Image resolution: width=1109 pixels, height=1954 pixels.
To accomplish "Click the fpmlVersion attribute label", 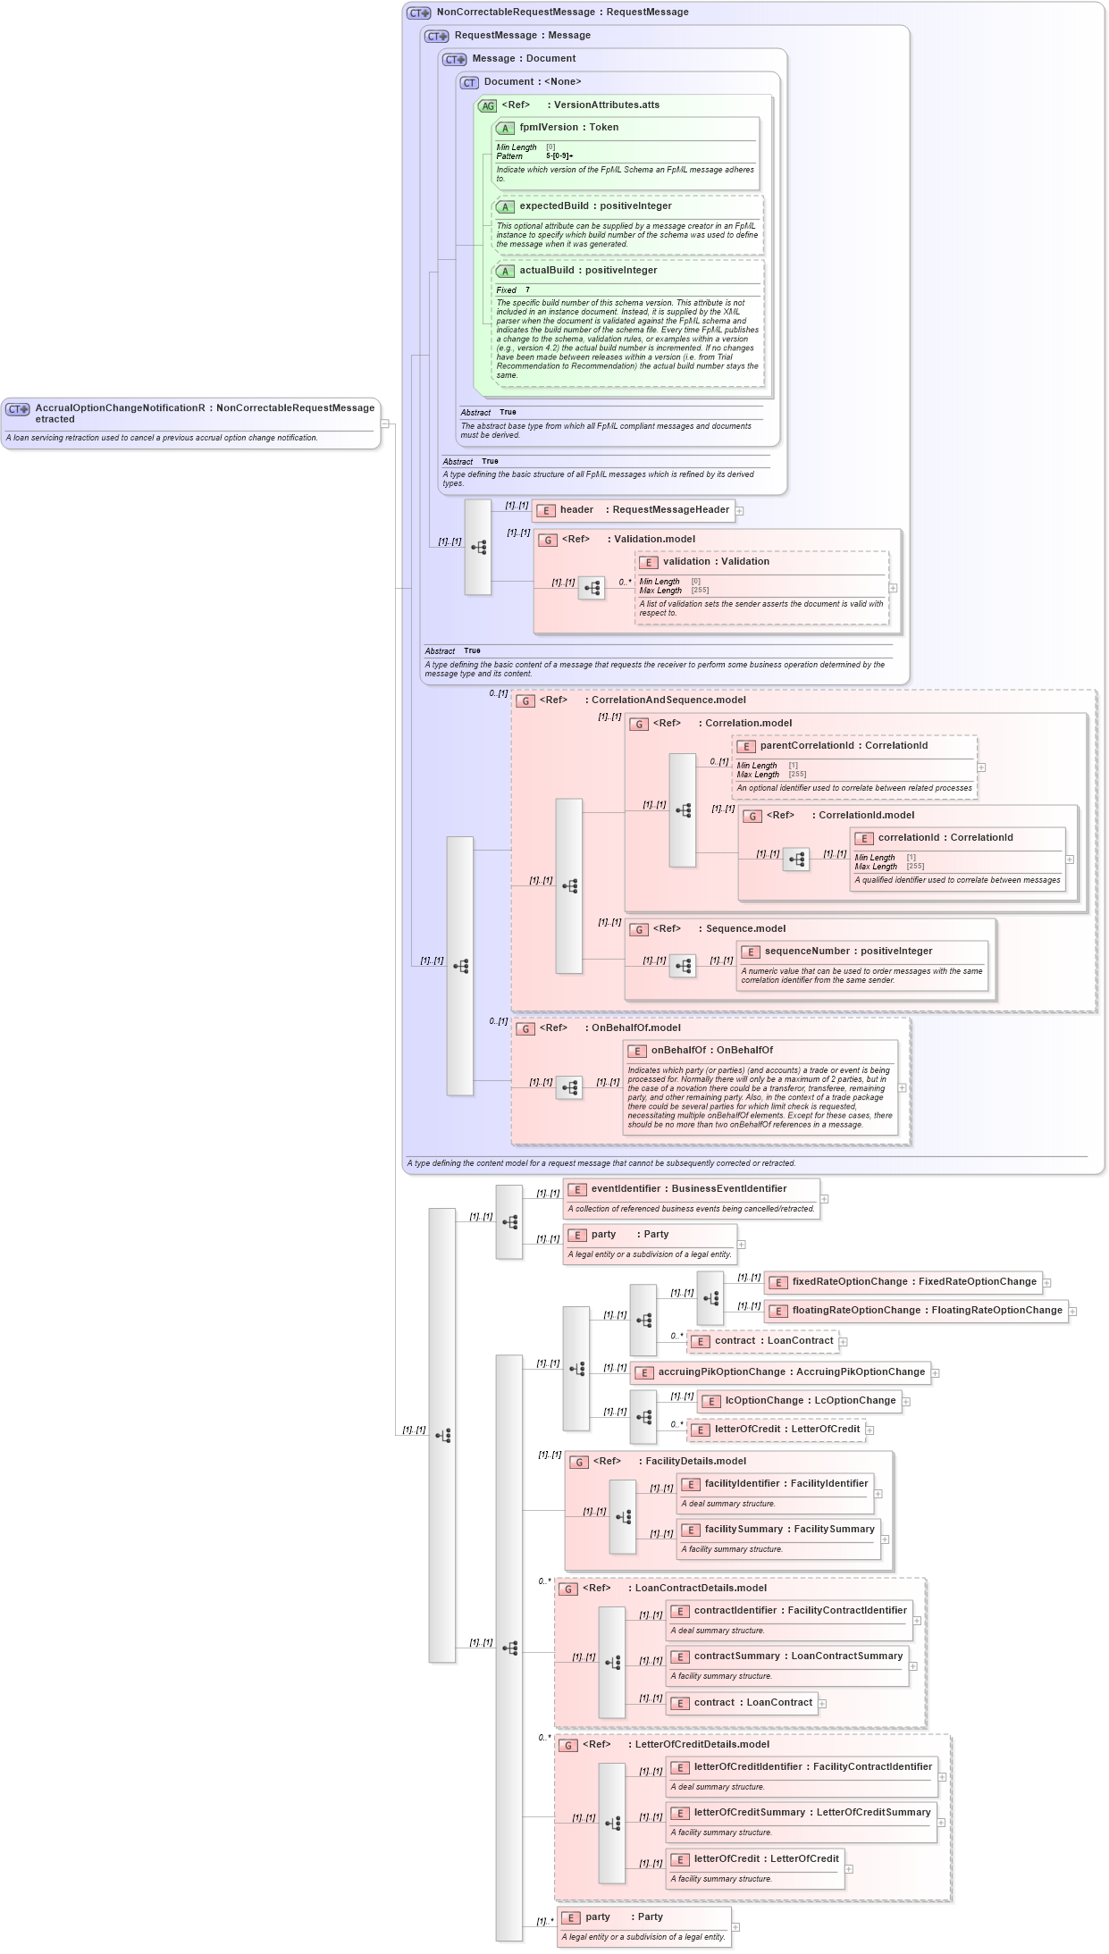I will click(x=568, y=128).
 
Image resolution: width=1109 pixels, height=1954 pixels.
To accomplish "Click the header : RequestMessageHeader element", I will click(x=633, y=510).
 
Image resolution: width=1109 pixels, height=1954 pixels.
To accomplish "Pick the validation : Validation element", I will click(x=716, y=562).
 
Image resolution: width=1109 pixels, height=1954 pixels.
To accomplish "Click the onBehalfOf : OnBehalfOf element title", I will click(x=711, y=1051).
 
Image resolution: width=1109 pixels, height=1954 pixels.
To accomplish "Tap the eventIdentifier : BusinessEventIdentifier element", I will click(x=688, y=1189).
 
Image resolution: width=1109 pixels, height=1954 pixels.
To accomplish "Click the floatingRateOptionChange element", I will click(x=916, y=1311).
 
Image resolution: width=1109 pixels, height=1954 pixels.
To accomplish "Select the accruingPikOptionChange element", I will click(x=779, y=1372).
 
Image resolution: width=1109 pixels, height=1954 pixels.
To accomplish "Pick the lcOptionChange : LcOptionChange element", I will click(x=799, y=1401).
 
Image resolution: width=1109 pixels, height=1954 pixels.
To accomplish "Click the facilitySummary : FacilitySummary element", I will click(x=778, y=1530).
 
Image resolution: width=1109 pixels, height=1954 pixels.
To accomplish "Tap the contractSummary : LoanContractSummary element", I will click(x=786, y=1656).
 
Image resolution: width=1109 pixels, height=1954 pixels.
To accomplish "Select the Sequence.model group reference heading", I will click(x=745, y=929).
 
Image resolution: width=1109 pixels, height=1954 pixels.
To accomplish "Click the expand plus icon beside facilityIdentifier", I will click(x=878, y=1494).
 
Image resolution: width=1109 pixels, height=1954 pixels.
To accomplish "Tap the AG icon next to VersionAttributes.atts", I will click(x=487, y=106).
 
